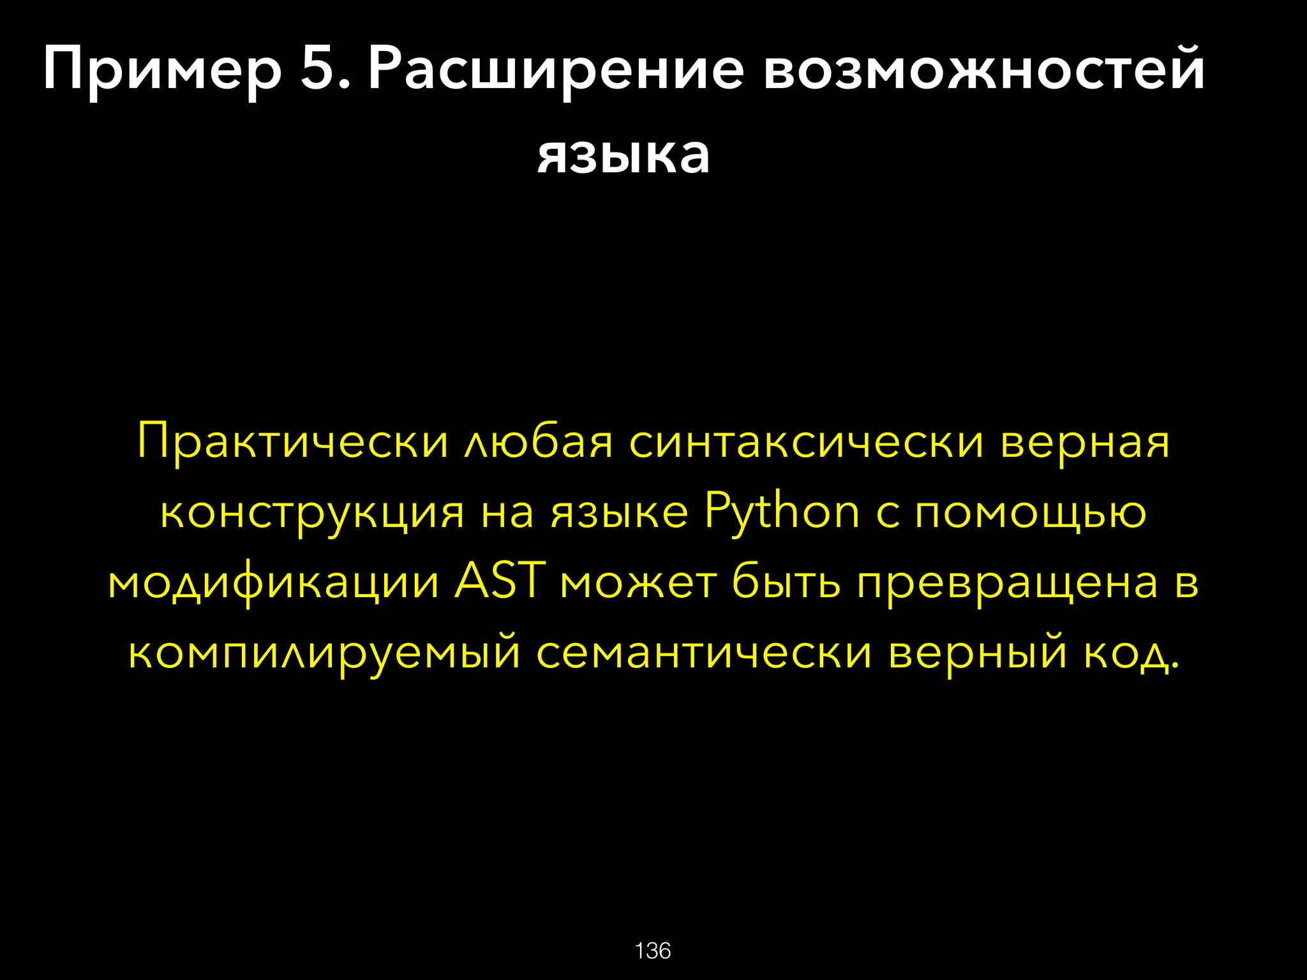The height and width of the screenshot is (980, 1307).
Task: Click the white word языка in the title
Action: coord(624,155)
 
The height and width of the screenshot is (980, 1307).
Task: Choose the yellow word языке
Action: coord(620,512)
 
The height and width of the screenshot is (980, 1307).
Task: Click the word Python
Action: coord(782,512)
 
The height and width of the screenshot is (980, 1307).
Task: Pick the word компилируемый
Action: coord(324,653)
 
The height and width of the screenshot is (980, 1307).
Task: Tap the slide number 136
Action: coord(653,951)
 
